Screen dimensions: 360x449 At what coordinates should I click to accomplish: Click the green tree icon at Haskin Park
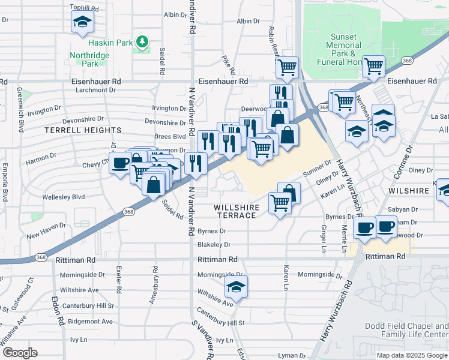tap(142, 42)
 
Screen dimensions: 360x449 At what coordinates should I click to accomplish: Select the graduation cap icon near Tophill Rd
tap(82, 23)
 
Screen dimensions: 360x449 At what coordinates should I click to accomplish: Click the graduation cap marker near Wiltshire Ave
tap(237, 287)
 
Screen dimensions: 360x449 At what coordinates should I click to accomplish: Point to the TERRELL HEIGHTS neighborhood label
tap(83, 130)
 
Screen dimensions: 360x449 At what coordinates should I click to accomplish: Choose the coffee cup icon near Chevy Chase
tap(121, 163)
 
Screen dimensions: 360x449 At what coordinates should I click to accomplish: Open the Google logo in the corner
tap(20, 352)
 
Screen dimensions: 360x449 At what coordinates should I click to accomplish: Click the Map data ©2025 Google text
tap(411, 355)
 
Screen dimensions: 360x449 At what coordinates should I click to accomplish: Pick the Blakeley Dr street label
tap(214, 245)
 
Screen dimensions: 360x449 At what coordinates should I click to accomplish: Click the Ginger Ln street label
tap(324, 238)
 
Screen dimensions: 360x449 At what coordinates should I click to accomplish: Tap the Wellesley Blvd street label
tap(63, 196)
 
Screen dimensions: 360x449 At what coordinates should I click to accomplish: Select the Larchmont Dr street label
tap(95, 90)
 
